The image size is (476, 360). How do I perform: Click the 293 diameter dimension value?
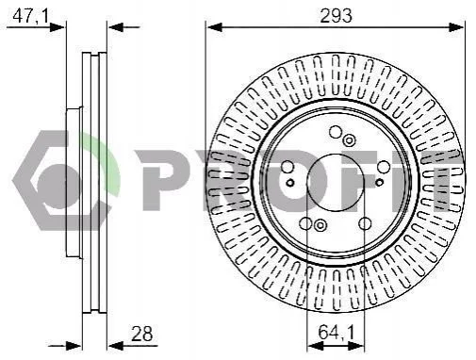(336, 16)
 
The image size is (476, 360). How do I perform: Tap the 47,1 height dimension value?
(31, 15)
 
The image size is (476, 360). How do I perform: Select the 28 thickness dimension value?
(141, 334)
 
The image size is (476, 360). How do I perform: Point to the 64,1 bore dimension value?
(336, 332)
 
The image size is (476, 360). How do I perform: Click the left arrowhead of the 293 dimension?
(215, 27)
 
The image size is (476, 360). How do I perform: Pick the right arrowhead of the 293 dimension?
(455, 27)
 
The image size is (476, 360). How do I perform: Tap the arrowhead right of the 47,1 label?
(57, 27)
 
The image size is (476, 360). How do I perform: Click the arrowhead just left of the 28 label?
(116, 346)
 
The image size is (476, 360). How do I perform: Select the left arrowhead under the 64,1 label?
(315, 346)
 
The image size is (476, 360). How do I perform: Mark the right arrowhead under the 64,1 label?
(355, 346)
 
